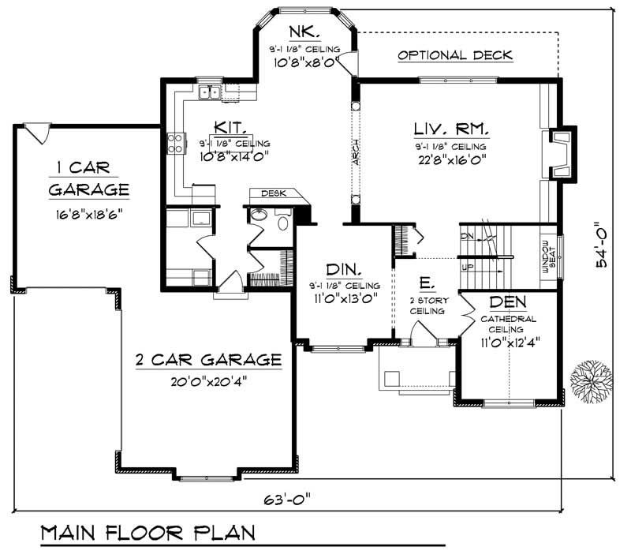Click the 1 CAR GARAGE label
(88, 178)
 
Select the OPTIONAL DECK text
(455, 55)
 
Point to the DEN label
(508, 303)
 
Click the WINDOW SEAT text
(549, 257)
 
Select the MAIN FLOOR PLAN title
(147, 532)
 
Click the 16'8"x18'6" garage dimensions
(88, 213)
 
